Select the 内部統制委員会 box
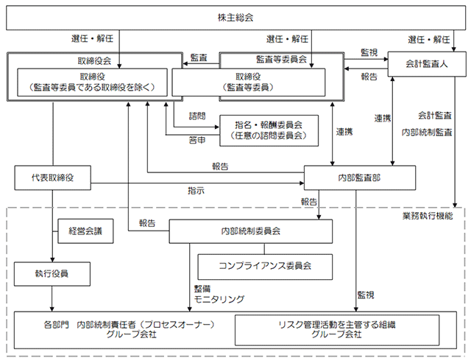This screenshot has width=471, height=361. tap(250, 231)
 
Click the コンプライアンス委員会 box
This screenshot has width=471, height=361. tap(266, 264)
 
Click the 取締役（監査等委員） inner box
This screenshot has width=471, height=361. tap(249, 81)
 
